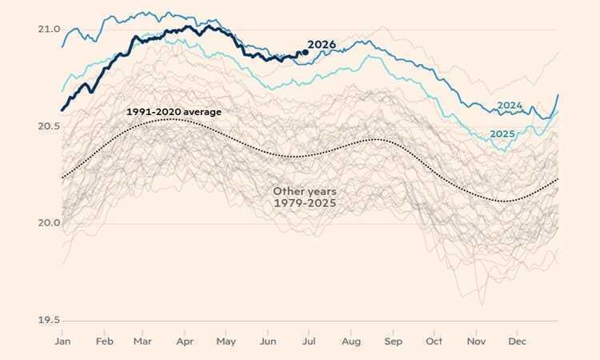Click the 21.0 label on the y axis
[x=49, y=29]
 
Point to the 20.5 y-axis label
[x=49, y=126]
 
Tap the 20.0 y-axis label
[x=49, y=223]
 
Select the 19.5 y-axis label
[x=49, y=320]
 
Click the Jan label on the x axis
[x=62, y=342]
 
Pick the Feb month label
[x=105, y=342]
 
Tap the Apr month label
[x=185, y=342]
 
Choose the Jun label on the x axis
[x=268, y=342]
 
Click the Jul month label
[x=309, y=342]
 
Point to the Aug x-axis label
[x=351, y=342]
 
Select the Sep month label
[x=394, y=342]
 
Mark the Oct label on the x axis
[x=434, y=342]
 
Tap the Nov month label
[x=476, y=342]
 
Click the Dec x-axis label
[x=517, y=342]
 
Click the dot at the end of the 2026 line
[x=305, y=53]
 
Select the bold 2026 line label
[x=322, y=45]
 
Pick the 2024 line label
[x=510, y=106]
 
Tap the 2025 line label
[x=502, y=134]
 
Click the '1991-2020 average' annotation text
[x=174, y=112]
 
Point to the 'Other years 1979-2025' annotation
[x=305, y=197]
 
